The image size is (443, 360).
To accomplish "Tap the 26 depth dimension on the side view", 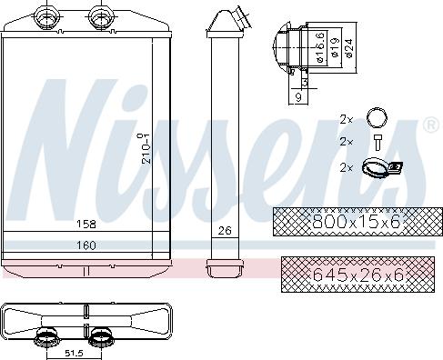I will (x=224, y=231).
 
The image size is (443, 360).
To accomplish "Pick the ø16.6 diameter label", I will (x=320, y=42).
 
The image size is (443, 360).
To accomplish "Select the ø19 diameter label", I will (x=335, y=46).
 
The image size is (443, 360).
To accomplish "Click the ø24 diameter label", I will (x=348, y=46).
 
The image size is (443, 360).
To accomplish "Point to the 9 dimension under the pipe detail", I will (x=299, y=95).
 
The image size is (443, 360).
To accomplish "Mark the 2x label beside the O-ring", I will (x=346, y=118).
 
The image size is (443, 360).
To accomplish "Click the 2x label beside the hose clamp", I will (x=346, y=167).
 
